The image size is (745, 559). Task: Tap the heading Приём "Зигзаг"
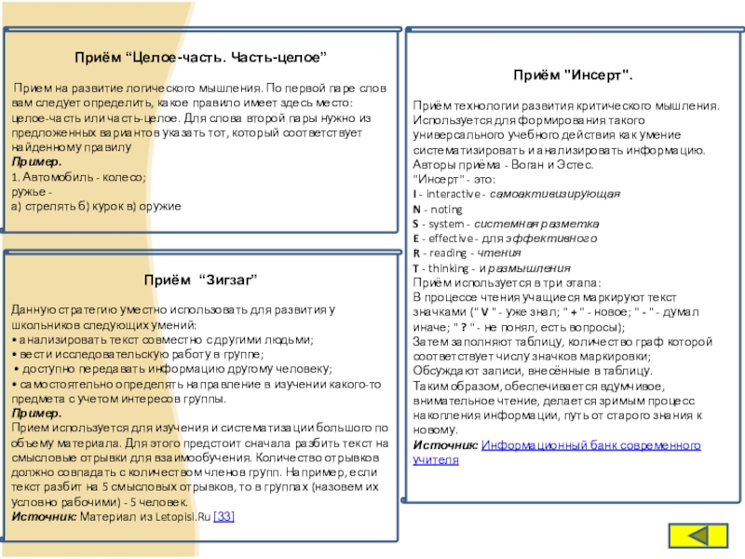tap(200, 279)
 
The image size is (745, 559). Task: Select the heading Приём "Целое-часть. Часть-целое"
tap(200, 58)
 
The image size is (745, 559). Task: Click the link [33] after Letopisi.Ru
tap(224, 516)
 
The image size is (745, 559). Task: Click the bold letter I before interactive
tap(415, 193)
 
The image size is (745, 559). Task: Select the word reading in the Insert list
tap(448, 252)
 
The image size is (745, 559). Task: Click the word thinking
tap(450, 267)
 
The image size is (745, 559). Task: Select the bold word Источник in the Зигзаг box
tap(44, 516)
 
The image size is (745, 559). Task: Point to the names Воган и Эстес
tap(525, 164)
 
